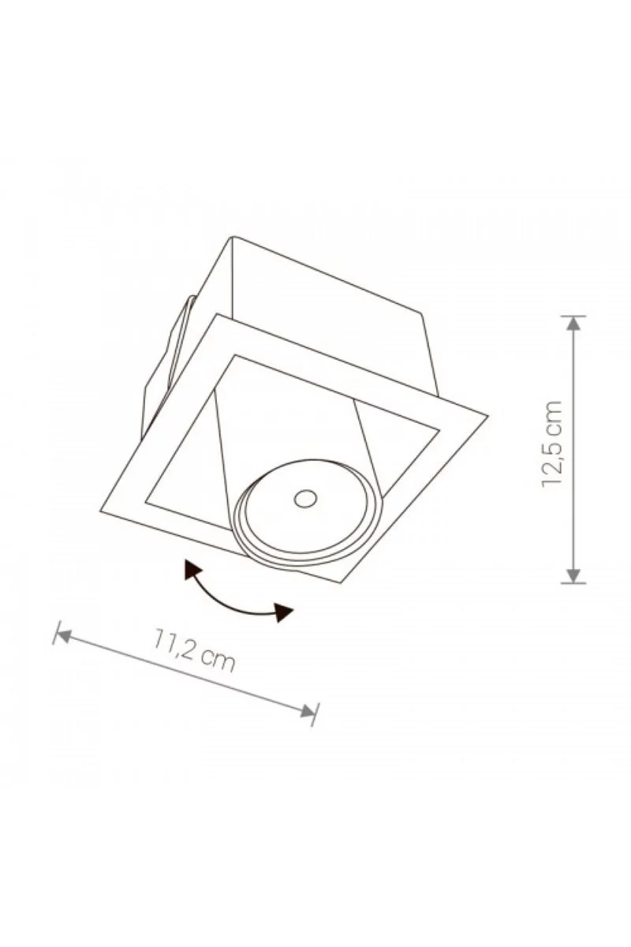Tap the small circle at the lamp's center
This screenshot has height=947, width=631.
305,499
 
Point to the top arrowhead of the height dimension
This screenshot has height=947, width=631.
573,324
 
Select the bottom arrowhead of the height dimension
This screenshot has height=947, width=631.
573,575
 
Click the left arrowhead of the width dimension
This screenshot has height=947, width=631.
62,635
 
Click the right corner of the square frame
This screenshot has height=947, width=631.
488,416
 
